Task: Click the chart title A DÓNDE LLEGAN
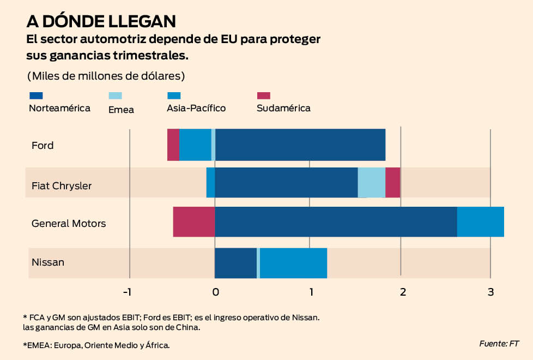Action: (101, 21)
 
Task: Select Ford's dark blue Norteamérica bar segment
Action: (300, 145)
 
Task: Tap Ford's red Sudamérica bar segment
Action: (173, 145)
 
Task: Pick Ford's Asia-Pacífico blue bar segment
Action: (195, 145)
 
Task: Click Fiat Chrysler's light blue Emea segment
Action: (371, 182)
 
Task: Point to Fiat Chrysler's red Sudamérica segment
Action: (392, 182)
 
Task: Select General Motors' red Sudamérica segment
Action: (193, 221)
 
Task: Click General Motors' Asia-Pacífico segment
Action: (480, 221)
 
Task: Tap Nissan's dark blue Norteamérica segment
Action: (235, 263)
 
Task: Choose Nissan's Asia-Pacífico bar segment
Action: (293, 263)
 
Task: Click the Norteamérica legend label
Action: (59, 108)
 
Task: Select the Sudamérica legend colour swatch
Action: (263, 95)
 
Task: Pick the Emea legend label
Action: (121, 110)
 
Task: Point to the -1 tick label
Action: (127, 292)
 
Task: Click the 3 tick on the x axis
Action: (490, 292)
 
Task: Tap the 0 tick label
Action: (215, 292)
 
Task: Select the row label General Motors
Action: (69, 223)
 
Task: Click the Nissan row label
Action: (48, 262)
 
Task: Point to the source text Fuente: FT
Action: (499, 343)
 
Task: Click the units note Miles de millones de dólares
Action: (106, 75)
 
